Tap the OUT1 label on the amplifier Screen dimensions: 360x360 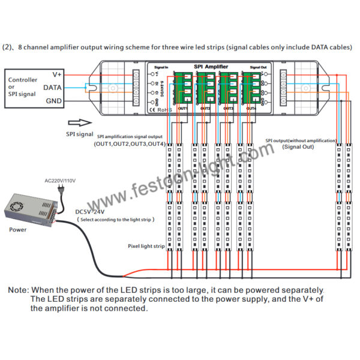[x=182, y=108]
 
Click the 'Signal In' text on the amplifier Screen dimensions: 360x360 [x=161, y=68]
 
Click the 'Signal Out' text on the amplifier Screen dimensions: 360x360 [x=258, y=68]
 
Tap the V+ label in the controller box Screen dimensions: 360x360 [x=58, y=74]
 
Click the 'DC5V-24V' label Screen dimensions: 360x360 [x=91, y=212]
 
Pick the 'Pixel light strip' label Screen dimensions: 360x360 [x=146, y=246]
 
